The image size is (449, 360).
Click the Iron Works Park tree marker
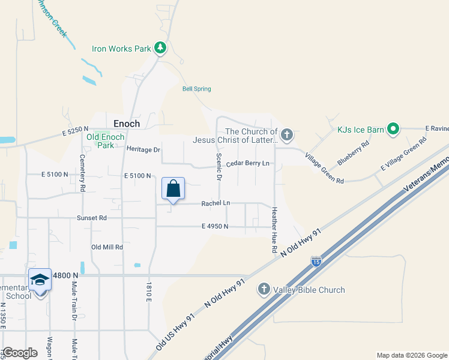[160, 47]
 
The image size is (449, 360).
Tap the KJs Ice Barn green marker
[393, 129]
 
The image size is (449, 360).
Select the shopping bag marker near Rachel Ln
[173, 189]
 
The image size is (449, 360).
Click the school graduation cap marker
[40, 280]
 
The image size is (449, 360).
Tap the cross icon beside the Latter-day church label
[287, 134]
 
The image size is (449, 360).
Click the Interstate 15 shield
[316, 261]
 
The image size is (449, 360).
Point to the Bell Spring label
[196, 89]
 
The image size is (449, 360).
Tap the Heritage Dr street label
[143, 149]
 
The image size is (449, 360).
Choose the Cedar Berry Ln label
[247, 163]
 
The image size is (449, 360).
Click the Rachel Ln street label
[215, 203]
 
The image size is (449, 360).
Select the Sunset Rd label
[91, 218]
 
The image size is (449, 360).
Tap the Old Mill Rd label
[107, 247]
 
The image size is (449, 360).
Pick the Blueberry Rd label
[353, 154]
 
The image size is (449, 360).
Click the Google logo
[20, 353]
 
